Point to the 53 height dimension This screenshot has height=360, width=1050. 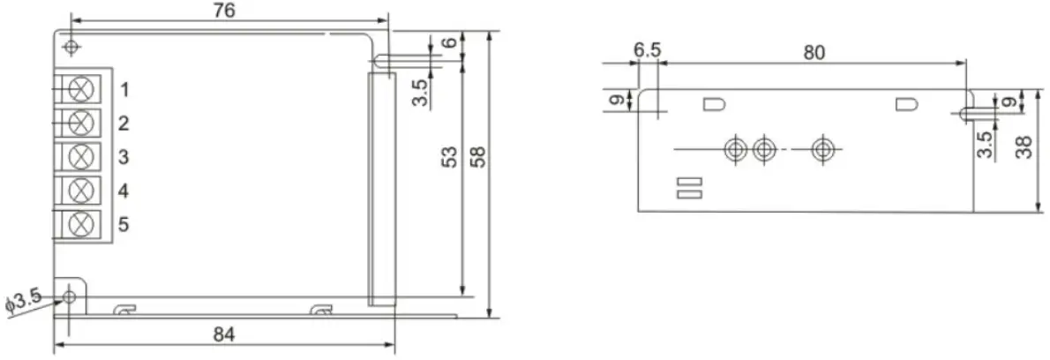click(448, 158)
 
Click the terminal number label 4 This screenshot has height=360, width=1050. click(124, 191)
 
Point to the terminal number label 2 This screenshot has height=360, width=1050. click(124, 123)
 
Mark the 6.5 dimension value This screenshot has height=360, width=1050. click(647, 51)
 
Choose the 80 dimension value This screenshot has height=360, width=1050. click(814, 52)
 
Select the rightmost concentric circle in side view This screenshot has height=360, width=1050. click(823, 149)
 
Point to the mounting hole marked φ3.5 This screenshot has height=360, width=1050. click(71, 296)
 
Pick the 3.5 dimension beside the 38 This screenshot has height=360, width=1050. click(986, 144)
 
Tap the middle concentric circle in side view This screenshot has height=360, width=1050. click(763, 149)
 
